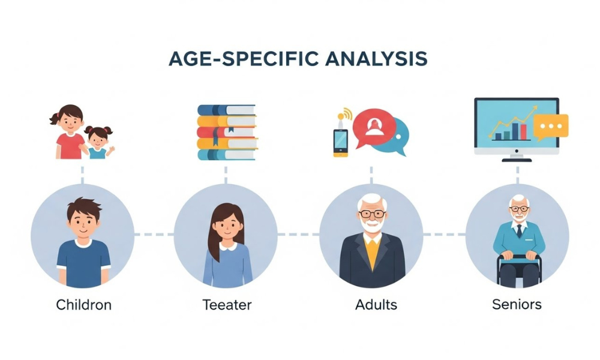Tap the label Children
pyautogui.click(x=83, y=304)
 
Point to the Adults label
pyautogui.click(x=376, y=304)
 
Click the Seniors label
pyautogui.click(x=517, y=304)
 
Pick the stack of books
pyautogui.click(x=227, y=133)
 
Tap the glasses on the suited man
pyautogui.click(x=372, y=213)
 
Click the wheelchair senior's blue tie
pyautogui.click(x=517, y=230)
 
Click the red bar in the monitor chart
pyautogui.click(x=523, y=131)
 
